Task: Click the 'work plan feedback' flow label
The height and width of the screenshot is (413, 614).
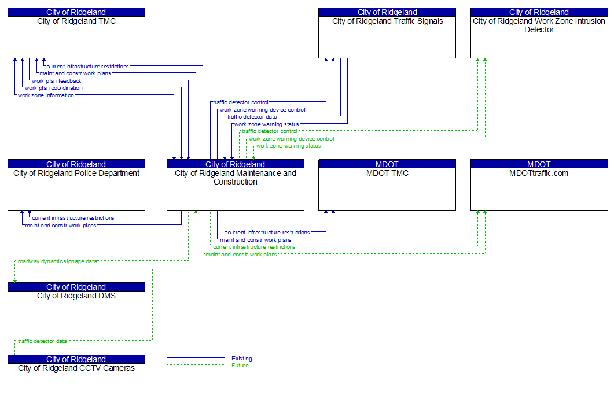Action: coord(57,81)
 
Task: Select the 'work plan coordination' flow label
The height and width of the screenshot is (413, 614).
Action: coord(53,88)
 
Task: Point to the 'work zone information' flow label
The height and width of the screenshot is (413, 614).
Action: coord(46,95)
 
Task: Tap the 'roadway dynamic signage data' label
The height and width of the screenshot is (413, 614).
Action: coord(57,261)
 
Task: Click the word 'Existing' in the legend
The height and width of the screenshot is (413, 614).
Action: coord(242,359)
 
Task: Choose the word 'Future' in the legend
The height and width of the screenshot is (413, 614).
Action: coord(240,366)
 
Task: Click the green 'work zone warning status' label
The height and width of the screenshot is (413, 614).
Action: coord(288,146)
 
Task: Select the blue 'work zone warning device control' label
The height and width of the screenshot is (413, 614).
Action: coord(262,110)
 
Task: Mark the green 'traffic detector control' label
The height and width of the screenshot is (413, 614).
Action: coord(270,131)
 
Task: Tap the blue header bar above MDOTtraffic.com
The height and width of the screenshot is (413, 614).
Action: coord(539,164)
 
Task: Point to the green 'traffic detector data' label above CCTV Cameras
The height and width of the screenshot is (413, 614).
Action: coord(42,341)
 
